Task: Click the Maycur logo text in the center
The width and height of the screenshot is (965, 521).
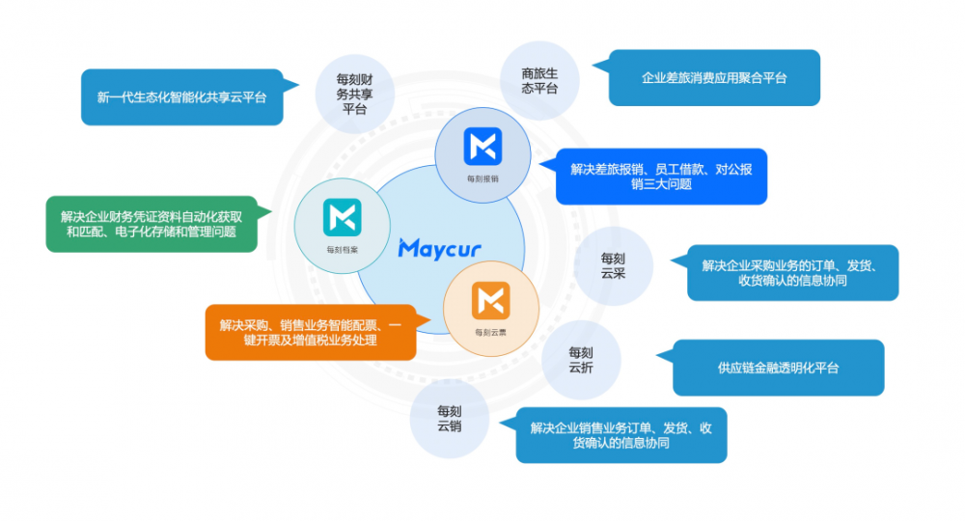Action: [x=439, y=248]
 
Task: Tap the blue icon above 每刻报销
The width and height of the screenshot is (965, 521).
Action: [x=482, y=146]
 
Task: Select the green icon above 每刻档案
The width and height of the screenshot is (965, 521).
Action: [x=342, y=215]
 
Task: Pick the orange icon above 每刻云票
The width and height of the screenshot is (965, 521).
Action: [x=490, y=301]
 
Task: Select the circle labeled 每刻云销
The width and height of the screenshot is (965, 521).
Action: [x=449, y=418]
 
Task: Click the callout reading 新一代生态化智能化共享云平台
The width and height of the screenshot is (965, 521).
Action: [x=181, y=96]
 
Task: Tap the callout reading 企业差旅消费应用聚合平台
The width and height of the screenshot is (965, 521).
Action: [x=714, y=77]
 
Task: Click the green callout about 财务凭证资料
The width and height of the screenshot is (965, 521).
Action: [x=151, y=224]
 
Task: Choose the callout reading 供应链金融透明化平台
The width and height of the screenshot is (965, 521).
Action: [x=778, y=368]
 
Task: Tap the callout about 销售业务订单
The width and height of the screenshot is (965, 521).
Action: [x=620, y=435]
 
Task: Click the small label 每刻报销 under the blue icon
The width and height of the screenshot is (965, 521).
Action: [x=482, y=178]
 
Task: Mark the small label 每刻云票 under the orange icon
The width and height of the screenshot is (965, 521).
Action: [x=490, y=332]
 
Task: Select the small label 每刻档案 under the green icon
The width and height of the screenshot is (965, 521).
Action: [x=342, y=248]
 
